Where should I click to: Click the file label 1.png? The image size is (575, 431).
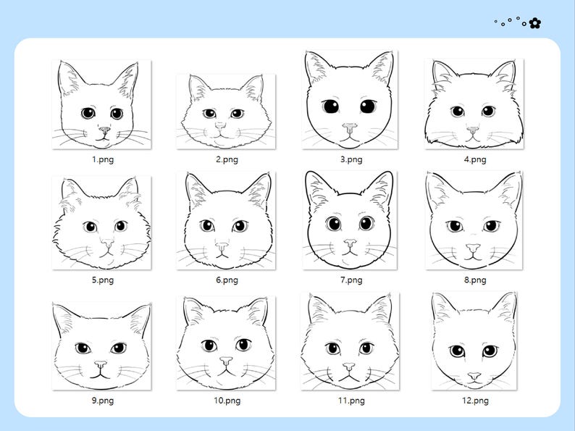pos(102,159)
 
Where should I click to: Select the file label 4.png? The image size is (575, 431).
pos(475,159)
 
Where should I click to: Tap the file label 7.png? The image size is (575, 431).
pos(351,279)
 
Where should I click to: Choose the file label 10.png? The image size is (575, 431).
pos(227,400)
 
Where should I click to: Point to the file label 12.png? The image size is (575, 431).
pos(475,400)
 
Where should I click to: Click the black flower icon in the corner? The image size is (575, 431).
pos(535,23)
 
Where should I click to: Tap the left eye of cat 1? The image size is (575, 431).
pos(88,113)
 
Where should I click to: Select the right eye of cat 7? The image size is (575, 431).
pos(367,224)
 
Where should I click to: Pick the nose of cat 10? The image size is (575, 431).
pos(226,360)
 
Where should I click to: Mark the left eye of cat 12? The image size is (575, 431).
pos(457,351)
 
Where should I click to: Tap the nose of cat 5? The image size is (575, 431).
pos(106,244)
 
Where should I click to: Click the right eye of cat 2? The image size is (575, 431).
pos(237,114)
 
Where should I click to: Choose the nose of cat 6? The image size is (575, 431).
pos(222,246)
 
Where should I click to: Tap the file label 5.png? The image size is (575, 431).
pos(102,279)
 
